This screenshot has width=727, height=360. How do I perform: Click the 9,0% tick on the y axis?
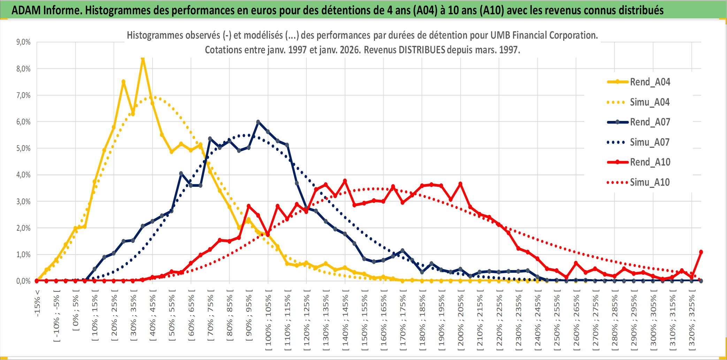(x=23, y=42)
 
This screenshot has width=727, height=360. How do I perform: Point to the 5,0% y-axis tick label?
(x=23, y=148)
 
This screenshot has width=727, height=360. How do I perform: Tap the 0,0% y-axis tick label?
(x=23, y=281)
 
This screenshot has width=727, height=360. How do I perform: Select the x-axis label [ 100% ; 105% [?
(x=268, y=322)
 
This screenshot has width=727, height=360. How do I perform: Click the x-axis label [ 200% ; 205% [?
(x=461, y=322)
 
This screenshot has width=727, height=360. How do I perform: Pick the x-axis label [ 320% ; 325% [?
(x=692, y=322)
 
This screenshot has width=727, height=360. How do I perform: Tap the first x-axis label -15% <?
(x=37, y=303)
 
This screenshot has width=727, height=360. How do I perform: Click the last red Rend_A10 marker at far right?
(x=701, y=252)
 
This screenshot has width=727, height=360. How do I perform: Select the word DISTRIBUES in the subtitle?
(x=422, y=50)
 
